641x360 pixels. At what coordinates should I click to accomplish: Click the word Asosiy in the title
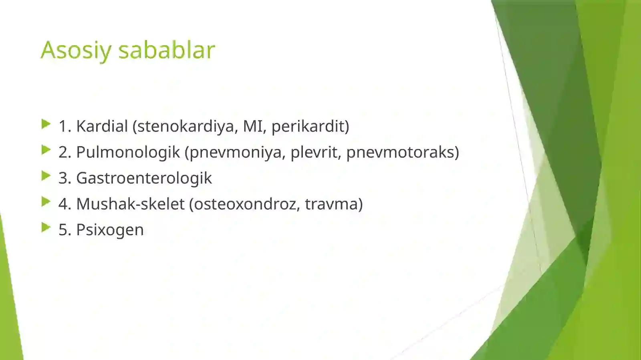tap(76, 50)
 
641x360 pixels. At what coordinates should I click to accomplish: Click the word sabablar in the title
tap(167, 50)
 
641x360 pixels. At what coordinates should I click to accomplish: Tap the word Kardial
tap(102, 126)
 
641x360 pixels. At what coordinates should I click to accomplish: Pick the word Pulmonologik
tap(128, 153)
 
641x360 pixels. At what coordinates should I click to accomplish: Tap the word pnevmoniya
tap(236, 153)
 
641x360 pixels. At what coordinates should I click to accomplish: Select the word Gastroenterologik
tap(144, 178)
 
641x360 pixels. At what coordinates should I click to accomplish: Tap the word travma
tap(333, 204)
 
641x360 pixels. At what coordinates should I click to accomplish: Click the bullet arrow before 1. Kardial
tap(46, 124)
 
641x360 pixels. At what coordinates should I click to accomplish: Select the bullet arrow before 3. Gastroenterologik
tap(46, 176)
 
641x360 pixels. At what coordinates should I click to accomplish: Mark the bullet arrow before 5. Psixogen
tap(46, 227)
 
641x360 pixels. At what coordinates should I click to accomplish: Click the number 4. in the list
tap(65, 204)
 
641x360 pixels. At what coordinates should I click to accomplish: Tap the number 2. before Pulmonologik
tap(65, 152)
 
